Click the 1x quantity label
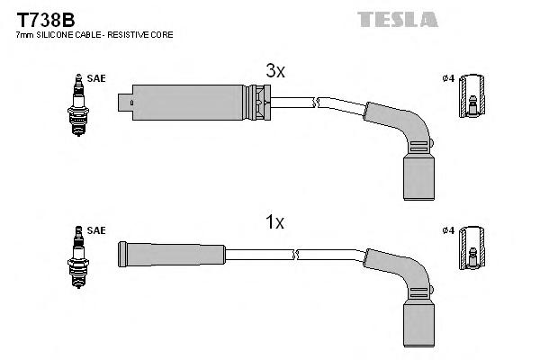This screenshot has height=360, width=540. pos(274,222)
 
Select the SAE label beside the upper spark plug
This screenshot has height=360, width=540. pos(97,79)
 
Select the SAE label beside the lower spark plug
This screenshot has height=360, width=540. pos(97,230)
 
